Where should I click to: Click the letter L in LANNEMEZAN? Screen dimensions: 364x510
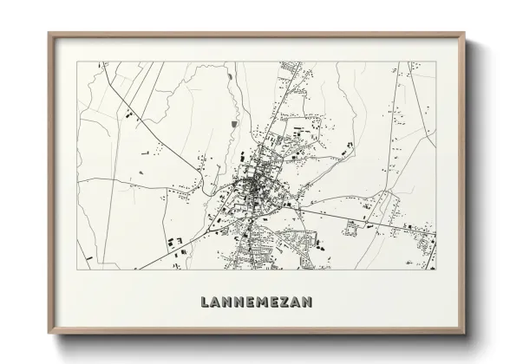[x=205, y=302]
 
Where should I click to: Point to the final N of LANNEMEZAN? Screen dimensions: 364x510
[x=307, y=302]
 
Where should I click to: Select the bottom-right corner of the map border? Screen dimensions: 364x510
[x=436, y=270]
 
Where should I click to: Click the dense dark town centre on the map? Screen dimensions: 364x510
[x=252, y=185]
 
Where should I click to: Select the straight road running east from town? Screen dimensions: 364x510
[x=364, y=216]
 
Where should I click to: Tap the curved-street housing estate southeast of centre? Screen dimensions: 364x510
[x=299, y=243]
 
